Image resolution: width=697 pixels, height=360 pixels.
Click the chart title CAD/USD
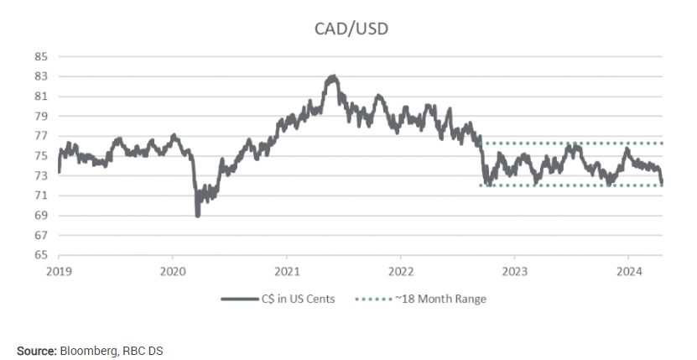351,29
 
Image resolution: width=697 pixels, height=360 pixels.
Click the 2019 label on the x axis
59,272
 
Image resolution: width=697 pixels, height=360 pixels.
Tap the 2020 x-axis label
172,272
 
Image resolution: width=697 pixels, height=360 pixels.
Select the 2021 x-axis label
286,272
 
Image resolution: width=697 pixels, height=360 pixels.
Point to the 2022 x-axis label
400,272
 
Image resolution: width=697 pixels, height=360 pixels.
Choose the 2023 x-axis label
514,272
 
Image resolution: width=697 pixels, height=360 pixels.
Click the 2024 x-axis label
628,272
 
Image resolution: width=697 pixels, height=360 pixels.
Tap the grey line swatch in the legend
238,299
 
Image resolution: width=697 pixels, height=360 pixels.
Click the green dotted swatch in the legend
373,299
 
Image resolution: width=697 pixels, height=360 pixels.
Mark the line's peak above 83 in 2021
333,77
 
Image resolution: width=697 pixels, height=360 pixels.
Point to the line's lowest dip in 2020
198,216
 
